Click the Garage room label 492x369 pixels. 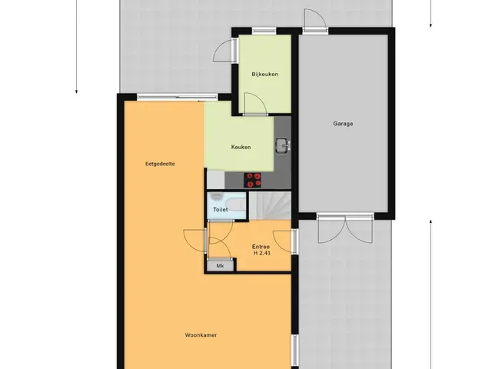click(343, 124)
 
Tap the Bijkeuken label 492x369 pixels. click(264, 75)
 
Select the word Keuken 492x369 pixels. click(241, 147)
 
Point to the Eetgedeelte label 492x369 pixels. click(160, 164)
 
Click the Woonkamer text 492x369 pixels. click(201, 335)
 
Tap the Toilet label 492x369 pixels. click(221, 209)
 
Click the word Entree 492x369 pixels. click(261, 247)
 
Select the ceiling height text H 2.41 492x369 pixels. click(262, 253)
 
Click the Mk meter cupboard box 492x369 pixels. click(221, 266)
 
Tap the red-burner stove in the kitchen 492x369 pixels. click(252, 181)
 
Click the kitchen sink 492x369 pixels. click(283, 145)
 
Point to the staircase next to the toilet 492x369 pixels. click(270, 206)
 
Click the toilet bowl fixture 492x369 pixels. click(216, 197)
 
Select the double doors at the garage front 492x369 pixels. click(345, 229)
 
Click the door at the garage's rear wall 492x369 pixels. click(315, 21)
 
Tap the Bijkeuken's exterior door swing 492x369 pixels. click(224, 51)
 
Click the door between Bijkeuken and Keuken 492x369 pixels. click(255, 105)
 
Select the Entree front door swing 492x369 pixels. click(284, 241)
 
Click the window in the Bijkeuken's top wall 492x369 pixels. click(264, 31)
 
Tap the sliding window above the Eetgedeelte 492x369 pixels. click(178, 98)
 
